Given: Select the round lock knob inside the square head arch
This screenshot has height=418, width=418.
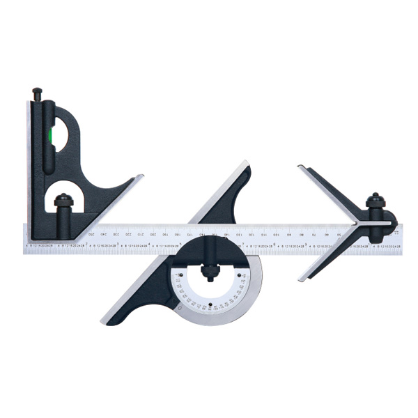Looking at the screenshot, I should [x=63, y=203].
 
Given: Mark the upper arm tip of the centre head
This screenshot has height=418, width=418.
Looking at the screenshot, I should [x=300, y=167].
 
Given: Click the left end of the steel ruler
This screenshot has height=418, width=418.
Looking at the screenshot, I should [x=25, y=238].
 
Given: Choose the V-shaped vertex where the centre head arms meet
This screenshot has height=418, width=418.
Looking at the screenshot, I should [x=358, y=224].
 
